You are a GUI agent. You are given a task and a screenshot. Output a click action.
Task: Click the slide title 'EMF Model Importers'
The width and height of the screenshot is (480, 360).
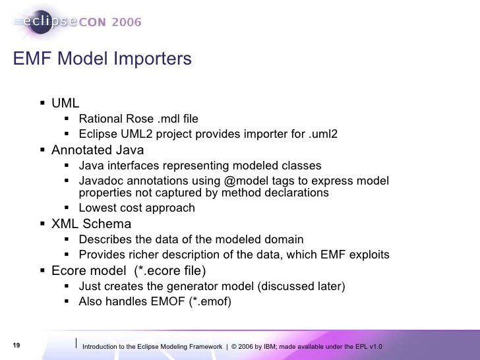point(102,59)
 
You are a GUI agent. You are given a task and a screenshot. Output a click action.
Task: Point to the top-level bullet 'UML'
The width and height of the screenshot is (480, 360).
point(65,104)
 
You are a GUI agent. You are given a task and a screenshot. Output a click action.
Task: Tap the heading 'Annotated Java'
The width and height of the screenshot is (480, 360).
point(98,150)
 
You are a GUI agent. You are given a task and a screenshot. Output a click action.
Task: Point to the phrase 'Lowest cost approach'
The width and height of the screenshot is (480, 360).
point(136,208)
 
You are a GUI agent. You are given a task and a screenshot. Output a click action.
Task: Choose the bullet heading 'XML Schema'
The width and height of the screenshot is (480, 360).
point(91,224)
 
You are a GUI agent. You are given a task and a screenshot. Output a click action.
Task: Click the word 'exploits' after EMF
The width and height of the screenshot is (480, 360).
point(369,255)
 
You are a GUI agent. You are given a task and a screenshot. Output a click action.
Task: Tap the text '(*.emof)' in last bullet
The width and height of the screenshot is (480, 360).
point(210,302)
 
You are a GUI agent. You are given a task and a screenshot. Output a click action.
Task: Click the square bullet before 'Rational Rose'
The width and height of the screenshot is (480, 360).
point(69,119)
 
